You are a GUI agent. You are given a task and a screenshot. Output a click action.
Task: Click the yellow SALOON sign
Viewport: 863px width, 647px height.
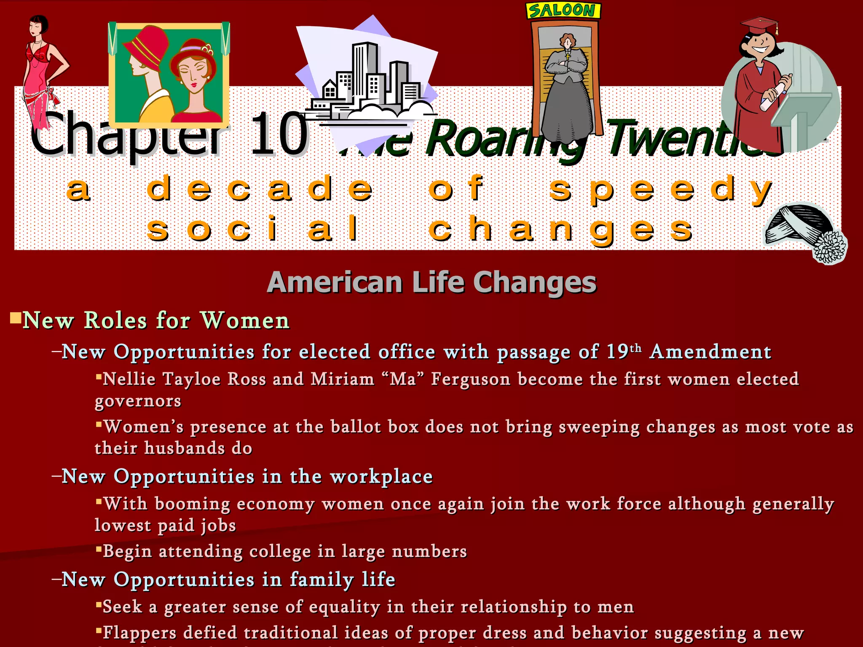[x=563, y=10]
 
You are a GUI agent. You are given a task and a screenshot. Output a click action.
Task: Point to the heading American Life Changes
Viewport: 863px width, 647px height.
[x=431, y=282]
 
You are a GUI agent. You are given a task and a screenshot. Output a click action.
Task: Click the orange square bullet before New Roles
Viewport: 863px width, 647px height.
[x=16, y=318]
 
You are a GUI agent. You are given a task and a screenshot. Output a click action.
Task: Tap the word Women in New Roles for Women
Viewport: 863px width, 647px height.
[x=245, y=321]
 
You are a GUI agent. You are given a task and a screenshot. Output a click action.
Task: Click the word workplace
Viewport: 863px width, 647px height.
[x=381, y=477]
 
